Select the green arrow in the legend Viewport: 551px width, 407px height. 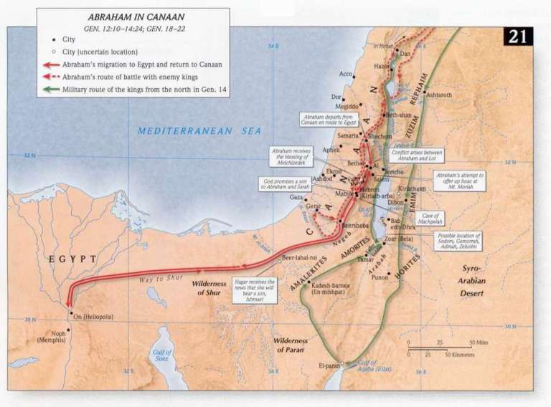[50, 90]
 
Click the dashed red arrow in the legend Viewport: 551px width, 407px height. [50, 77]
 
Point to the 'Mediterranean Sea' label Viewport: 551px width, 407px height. [190, 131]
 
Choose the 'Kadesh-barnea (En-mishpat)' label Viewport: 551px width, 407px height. [331, 288]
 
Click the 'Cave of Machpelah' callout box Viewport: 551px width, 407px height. [429, 218]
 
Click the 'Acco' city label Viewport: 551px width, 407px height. [346, 74]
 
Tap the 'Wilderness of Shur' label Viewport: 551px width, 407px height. [209, 287]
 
